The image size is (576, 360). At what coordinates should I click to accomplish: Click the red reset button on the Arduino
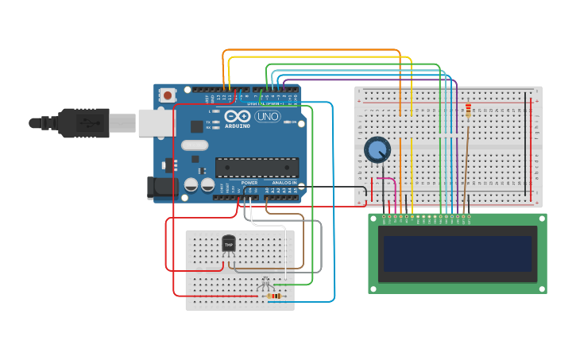pos(167,95)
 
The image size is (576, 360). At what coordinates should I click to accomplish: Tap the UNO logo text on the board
pos(267,117)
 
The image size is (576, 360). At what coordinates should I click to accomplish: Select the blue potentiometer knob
pos(377,149)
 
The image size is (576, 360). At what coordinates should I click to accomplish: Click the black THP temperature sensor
pos(229,243)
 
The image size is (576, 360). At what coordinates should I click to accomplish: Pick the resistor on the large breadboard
pos(468,110)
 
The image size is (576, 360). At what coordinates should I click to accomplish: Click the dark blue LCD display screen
pos(457,254)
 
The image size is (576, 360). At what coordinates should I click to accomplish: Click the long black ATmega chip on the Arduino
pos(257,167)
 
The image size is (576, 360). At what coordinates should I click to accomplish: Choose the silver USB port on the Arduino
pos(157,122)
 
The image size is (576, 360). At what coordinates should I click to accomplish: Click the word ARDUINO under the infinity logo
pos(238,126)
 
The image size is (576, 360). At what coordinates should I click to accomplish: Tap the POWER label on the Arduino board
pos(249,183)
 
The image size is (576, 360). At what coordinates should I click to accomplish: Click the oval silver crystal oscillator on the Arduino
pos(195,145)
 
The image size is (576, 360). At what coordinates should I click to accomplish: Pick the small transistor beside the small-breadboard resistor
pos(265,284)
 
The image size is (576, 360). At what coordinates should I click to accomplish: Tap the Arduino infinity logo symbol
pos(238,117)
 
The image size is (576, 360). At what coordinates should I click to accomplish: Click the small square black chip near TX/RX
pos(196,126)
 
